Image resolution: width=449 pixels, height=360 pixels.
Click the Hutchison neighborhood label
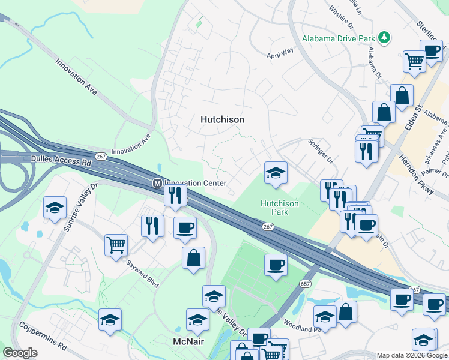click(222, 119)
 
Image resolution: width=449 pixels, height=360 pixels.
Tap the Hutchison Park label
click(279, 208)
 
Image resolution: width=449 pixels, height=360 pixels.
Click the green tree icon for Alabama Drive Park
click(385, 39)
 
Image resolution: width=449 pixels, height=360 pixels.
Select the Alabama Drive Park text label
click(339, 39)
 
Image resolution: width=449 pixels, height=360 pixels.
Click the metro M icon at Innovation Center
click(157, 183)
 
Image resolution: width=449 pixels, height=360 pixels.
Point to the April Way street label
click(280, 52)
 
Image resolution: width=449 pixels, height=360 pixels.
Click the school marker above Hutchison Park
click(276, 173)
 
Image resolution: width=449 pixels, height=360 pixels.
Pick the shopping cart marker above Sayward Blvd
click(116, 244)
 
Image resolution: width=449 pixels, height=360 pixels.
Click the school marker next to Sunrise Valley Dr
click(55, 208)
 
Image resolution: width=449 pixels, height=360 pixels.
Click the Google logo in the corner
click(20, 353)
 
